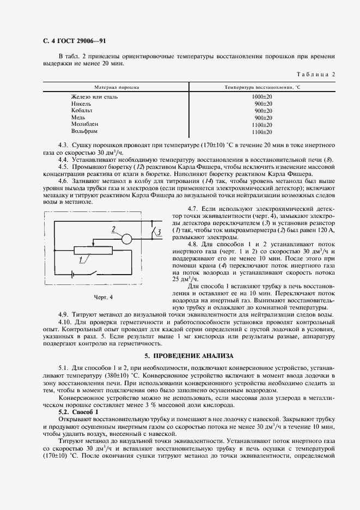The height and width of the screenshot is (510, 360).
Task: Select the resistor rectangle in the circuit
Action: pos(93,250)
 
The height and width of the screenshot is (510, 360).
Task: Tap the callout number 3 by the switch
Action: pos(158,233)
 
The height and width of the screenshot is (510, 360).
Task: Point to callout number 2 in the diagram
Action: pos(113,229)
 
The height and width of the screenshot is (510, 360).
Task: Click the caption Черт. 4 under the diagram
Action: pos(103,297)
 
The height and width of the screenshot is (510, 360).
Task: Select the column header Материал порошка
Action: pos(117,87)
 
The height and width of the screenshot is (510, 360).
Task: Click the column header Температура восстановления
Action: pos(263,87)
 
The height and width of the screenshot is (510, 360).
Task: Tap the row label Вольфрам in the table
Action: pos(84,132)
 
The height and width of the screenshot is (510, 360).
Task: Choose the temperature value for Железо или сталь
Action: pos(263,96)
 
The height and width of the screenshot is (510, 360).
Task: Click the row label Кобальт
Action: pos(82,111)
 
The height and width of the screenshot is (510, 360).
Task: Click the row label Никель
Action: pos(81,104)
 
